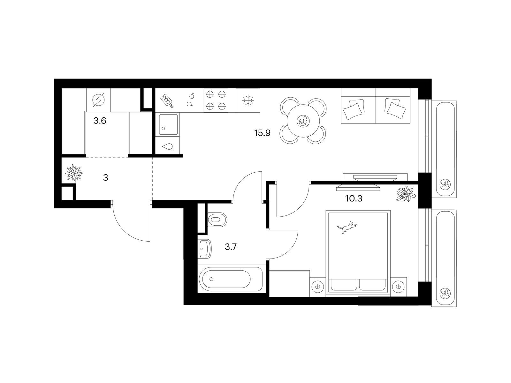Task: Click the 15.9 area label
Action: (262, 133)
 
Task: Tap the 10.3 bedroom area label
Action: (354, 198)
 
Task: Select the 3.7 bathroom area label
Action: (231, 247)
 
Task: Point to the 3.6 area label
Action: (100, 121)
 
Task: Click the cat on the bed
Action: (347, 227)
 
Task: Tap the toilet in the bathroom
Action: (217, 220)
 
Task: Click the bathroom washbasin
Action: (205, 249)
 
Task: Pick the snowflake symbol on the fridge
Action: (248, 101)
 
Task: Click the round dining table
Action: (302, 121)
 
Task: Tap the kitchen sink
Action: (168, 124)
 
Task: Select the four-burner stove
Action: (216, 100)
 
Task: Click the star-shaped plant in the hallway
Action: (74, 173)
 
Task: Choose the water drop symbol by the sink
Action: (167, 146)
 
